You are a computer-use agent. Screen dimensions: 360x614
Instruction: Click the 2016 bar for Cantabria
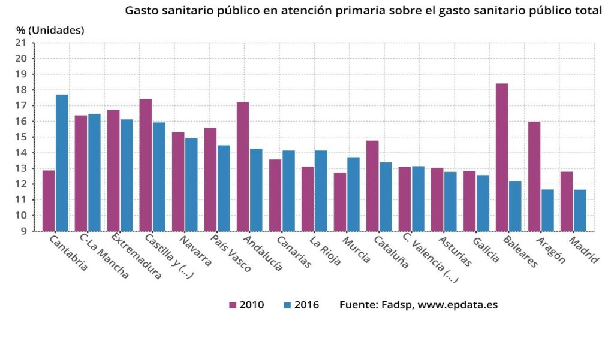click(x=62, y=162)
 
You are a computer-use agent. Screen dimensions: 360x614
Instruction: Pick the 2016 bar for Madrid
click(x=580, y=210)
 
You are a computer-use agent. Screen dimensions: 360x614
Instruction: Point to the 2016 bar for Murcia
click(x=353, y=194)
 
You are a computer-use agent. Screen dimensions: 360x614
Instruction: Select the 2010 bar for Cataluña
click(x=372, y=186)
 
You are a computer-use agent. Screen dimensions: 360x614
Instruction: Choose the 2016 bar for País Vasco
click(x=224, y=188)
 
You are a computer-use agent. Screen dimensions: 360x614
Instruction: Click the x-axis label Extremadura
click(x=136, y=258)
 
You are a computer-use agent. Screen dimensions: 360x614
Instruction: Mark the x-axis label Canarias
click(x=293, y=252)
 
